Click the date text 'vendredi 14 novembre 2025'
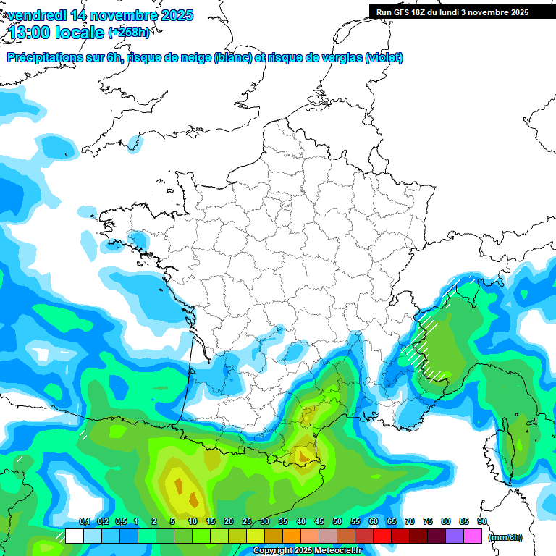(100, 15)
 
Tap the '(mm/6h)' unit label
(505, 536)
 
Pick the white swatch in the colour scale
(75, 536)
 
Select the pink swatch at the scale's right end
(473, 536)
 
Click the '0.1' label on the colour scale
(84, 522)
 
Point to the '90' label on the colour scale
(481, 522)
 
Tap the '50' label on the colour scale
(337, 522)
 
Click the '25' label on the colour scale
(246, 522)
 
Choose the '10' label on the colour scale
(192, 522)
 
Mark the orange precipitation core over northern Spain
(193, 498)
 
